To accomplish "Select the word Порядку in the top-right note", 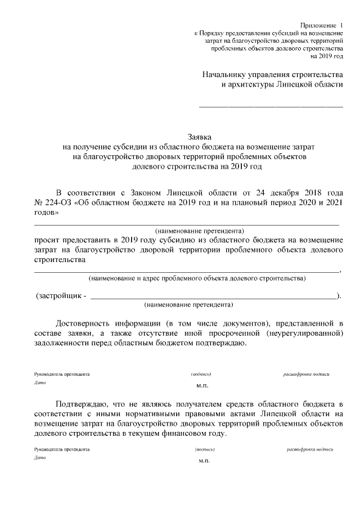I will [211, 34].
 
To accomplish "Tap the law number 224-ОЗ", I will [58, 202].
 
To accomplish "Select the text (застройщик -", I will [61, 295].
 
